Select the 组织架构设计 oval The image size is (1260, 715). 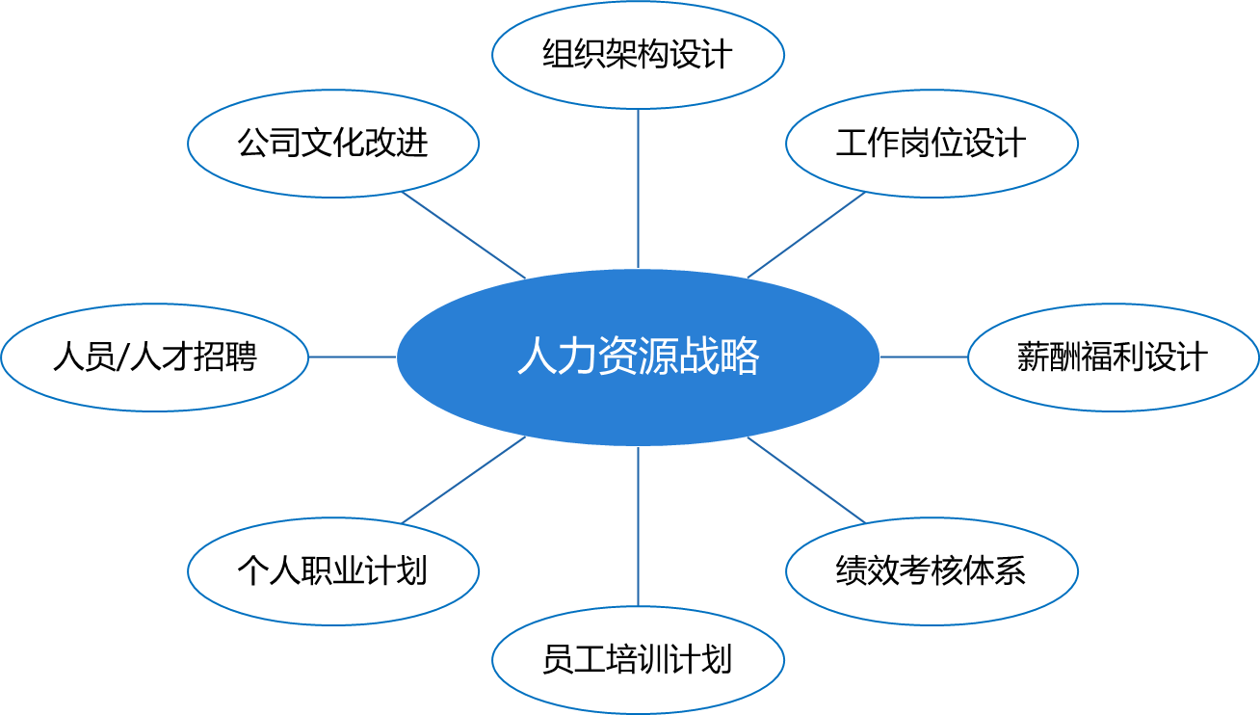click(638, 54)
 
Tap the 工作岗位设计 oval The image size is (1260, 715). click(932, 145)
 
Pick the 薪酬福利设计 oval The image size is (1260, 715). click(1113, 357)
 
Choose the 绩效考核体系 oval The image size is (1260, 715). click(932, 570)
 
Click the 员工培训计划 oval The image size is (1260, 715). click(638, 660)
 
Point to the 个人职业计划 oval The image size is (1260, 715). click(333, 570)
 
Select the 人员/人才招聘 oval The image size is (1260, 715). click(154, 357)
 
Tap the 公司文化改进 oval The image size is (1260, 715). click(333, 145)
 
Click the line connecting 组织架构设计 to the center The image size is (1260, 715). click(638, 188)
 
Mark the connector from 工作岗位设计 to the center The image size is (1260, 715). click(806, 235)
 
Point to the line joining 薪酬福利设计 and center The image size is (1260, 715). click(924, 357)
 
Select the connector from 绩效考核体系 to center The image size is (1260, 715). click(806, 480)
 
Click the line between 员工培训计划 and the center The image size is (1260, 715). click(638, 526)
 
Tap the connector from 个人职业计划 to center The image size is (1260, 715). click(463, 480)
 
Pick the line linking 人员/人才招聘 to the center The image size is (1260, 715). click(352, 357)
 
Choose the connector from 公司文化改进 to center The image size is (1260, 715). click(463, 235)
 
